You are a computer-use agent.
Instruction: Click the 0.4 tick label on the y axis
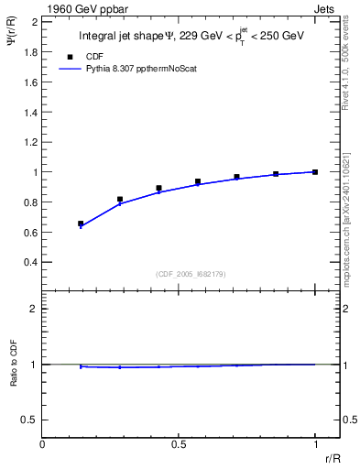[x=29, y=262]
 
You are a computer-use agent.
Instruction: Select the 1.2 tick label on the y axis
[x=29, y=142]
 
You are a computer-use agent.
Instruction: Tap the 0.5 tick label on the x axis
[x=178, y=444]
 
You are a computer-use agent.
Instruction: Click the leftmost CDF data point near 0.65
[x=81, y=224]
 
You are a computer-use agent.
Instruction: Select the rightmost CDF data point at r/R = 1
[x=315, y=171]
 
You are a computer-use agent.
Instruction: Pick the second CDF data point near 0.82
[x=120, y=199]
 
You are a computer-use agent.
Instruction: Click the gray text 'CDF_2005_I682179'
[x=178, y=273]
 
